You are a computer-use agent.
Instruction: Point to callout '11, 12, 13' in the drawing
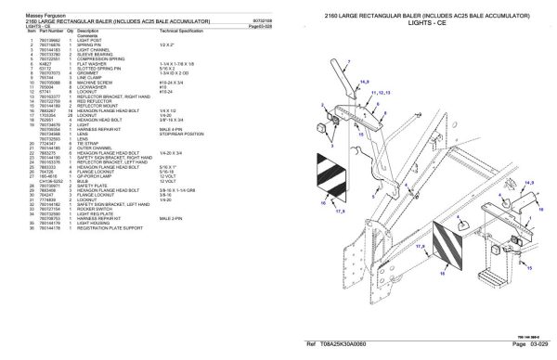380,94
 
